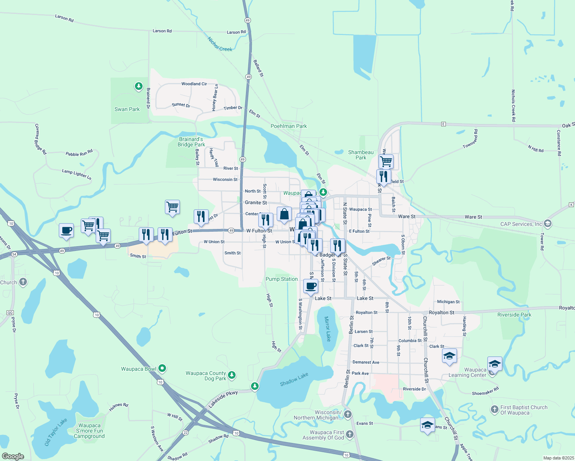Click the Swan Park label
click(127, 109)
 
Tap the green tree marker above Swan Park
click(139, 86)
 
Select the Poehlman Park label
click(289, 126)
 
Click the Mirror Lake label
click(327, 329)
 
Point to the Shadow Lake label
click(294, 380)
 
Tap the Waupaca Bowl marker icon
click(162, 368)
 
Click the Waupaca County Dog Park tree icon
click(231, 375)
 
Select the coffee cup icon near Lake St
click(311, 286)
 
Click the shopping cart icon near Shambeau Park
click(386, 161)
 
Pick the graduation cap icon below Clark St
click(449, 356)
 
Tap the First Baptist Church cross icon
click(495, 410)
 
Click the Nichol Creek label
click(220, 44)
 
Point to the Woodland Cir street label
click(194, 84)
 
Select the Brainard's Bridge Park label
click(191, 142)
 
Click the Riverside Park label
click(514, 315)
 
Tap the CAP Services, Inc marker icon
click(548, 223)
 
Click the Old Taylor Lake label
click(56, 432)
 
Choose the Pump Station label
click(282, 279)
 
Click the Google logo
click(13, 456)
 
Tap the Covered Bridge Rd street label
click(40, 139)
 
